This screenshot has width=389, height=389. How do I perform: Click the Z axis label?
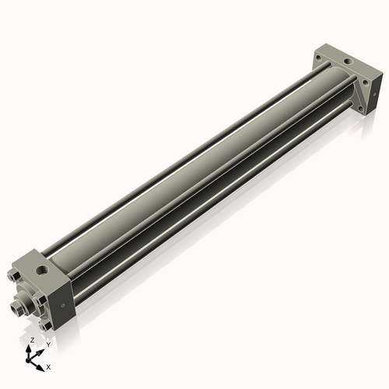31,340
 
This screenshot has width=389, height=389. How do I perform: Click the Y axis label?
47,344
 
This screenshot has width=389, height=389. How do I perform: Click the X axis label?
48,366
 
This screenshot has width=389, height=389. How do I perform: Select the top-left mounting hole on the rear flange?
326,54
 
